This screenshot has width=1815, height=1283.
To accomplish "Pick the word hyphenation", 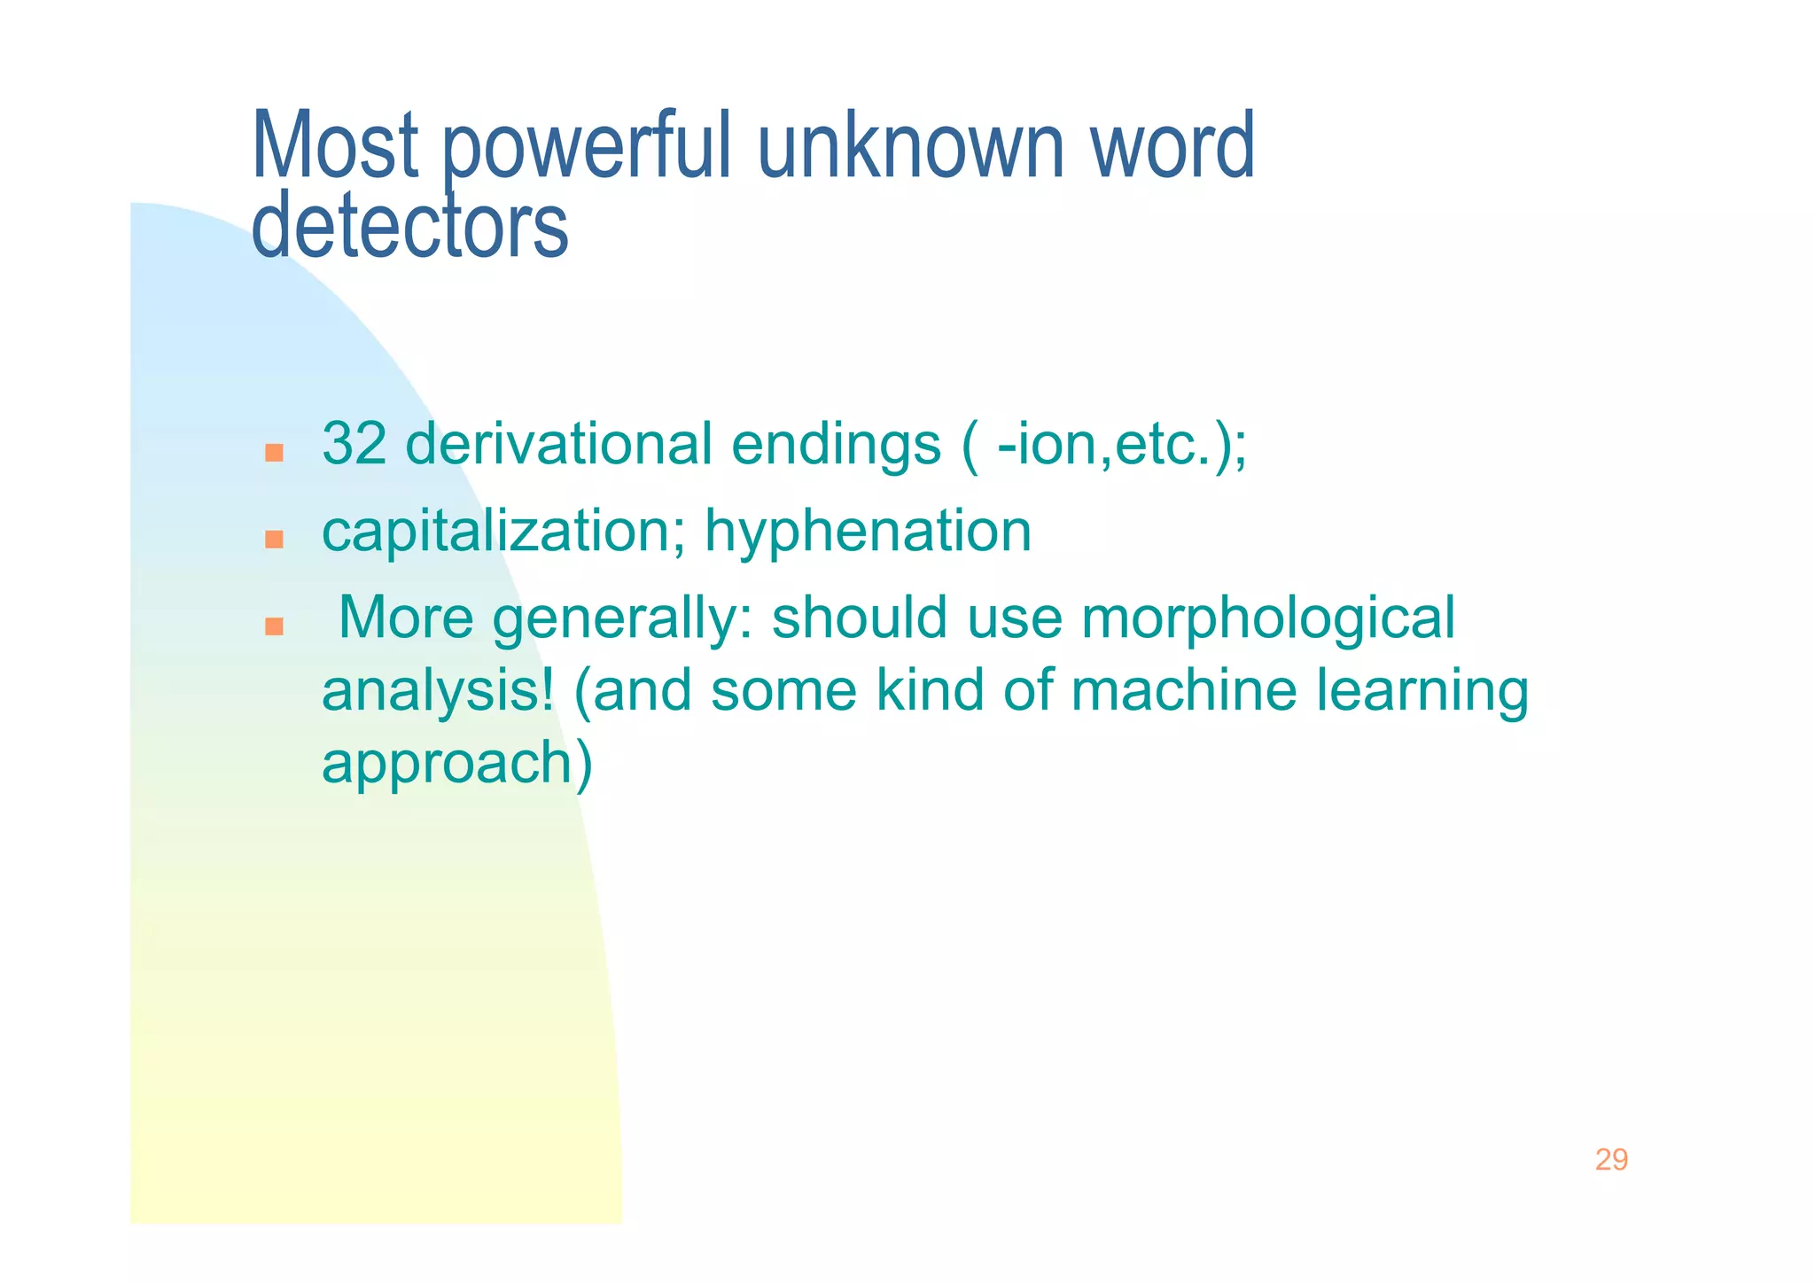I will pyautogui.click(x=868, y=532).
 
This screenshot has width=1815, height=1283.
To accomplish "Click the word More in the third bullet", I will pyautogui.click(x=406, y=618).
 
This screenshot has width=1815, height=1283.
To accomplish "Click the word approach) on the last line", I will pyautogui.click(x=456, y=764).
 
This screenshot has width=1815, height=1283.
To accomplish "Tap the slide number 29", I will pyautogui.click(x=1610, y=1160).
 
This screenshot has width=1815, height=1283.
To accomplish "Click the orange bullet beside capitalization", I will pyautogui.click(x=274, y=539).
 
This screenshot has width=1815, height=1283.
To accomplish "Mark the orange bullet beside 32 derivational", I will pyautogui.click(x=274, y=453).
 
